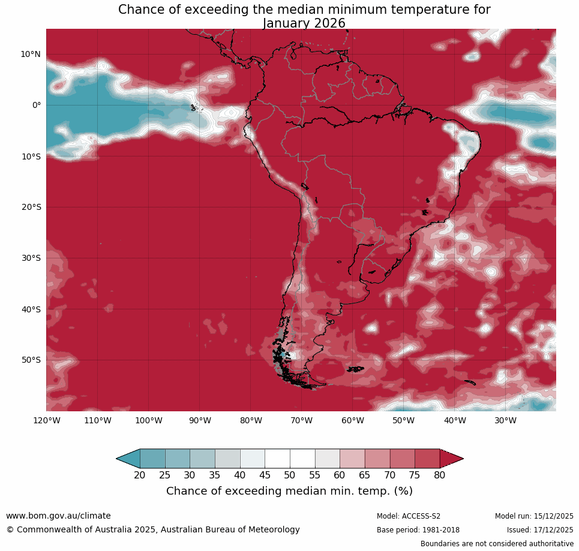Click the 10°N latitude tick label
(x=31, y=55)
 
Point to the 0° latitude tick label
(x=36, y=106)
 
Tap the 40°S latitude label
(x=31, y=309)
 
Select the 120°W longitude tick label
(x=46, y=420)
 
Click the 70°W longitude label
(x=301, y=420)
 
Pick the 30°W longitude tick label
(x=505, y=420)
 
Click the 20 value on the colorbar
(x=140, y=475)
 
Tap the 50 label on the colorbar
(x=290, y=475)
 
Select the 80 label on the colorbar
(x=440, y=475)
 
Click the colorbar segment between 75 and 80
(x=427, y=459)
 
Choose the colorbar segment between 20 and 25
(x=152, y=459)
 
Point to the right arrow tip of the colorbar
(x=461, y=459)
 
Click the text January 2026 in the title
(x=304, y=23)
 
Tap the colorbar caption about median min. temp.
(x=289, y=491)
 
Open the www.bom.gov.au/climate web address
(x=58, y=516)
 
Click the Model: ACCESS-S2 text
(x=409, y=516)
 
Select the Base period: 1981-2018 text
(x=418, y=530)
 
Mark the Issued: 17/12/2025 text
(x=540, y=530)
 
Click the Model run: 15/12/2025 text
(x=534, y=516)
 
